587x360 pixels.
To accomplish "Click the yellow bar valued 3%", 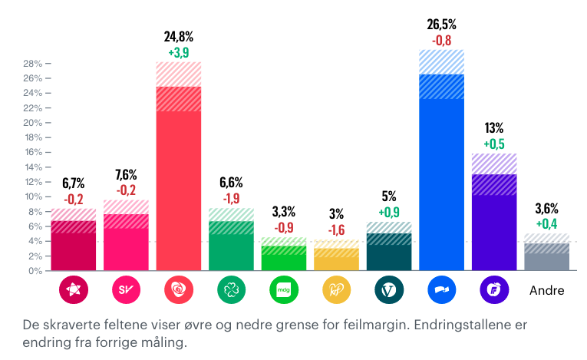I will coord(336,259).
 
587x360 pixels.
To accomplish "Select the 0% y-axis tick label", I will coord(35,271).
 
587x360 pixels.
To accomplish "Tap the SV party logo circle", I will coord(126,290).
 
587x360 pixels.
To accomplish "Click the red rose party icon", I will coord(179,290).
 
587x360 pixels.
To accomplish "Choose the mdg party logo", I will coord(284,290).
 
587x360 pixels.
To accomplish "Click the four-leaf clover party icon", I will coord(231,290).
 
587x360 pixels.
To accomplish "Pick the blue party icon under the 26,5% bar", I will coord(441,290).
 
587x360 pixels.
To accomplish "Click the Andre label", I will coord(547,291).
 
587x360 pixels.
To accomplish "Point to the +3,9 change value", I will coord(179,52).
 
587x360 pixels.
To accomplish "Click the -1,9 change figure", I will coord(231,198).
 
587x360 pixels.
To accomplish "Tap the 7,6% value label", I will coord(126,173).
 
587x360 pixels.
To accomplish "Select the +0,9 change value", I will coord(389,212).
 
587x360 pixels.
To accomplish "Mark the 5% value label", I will coord(389,197).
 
